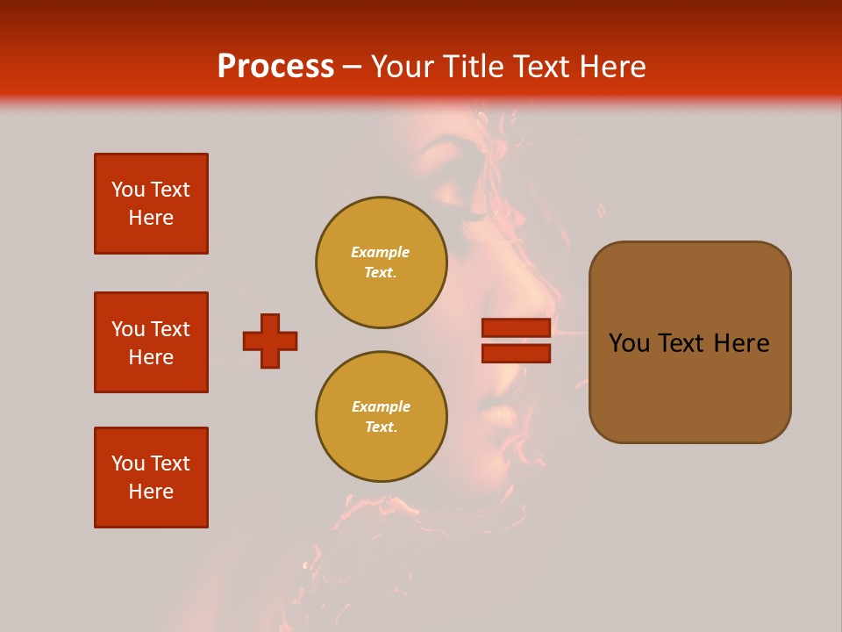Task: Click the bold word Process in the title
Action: (275, 67)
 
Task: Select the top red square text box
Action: (151, 204)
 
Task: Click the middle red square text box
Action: (151, 342)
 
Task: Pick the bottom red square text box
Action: (151, 478)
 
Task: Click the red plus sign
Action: (270, 341)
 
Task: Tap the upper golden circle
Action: (381, 262)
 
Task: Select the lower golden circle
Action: (381, 417)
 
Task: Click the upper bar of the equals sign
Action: (516, 328)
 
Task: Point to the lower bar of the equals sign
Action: (516, 353)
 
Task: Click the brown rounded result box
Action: (689, 342)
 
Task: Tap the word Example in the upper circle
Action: (381, 252)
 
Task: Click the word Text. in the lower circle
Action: (381, 427)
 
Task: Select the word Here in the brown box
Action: (741, 343)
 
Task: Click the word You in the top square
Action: (128, 190)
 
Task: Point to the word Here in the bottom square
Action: (151, 492)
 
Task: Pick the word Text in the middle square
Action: (170, 329)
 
